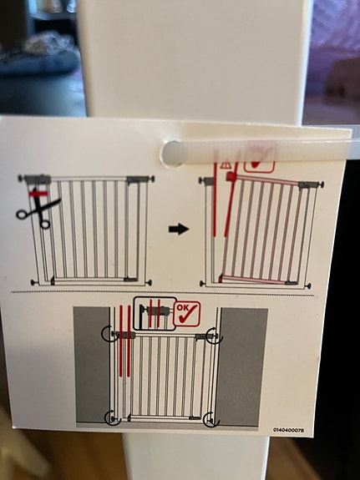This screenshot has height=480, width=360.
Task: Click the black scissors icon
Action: tap(39, 210)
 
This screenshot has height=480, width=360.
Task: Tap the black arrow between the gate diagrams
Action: tap(178, 229)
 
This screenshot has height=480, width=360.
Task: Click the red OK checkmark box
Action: tap(187, 314)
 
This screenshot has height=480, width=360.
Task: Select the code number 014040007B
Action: tap(288, 430)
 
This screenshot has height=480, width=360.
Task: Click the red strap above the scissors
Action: tap(38, 194)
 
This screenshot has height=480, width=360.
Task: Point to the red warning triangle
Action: tap(226, 165)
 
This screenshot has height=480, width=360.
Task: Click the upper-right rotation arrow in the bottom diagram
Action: tap(214, 336)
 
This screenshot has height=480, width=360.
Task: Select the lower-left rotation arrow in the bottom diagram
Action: tap(112, 418)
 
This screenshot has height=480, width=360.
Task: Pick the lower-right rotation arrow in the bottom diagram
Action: tap(211, 419)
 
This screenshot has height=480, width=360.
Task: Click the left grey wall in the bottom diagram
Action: tap(92, 364)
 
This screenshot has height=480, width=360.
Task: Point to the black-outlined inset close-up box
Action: tap(155, 314)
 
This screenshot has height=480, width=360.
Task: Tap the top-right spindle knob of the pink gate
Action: tap(321, 184)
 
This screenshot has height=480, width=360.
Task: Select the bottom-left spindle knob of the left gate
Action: tap(33, 282)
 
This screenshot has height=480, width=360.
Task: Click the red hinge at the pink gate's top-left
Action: tap(231, 176)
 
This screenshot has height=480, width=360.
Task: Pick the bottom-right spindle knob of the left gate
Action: tap(149, 282)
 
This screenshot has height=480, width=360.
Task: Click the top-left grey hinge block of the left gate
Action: tap(38, 179)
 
